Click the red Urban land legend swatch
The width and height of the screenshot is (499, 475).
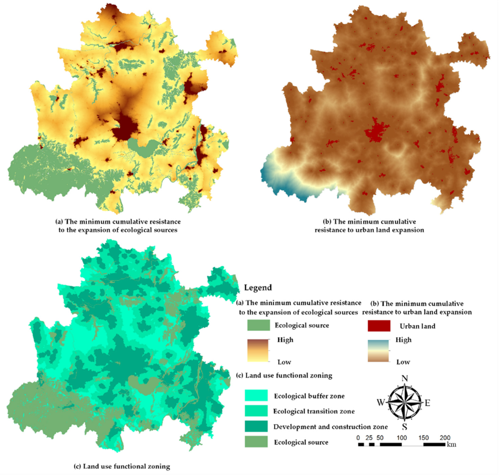coord(379,326)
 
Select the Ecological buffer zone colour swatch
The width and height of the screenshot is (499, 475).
coord(256,395)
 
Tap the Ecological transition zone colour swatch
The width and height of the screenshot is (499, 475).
coord(256,411)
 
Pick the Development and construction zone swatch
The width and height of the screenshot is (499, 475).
coord(256,426)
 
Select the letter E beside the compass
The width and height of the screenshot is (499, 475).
coord(427,403)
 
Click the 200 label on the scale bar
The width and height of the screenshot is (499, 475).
coord(445,438)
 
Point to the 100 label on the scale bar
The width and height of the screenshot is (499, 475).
coord(402,438)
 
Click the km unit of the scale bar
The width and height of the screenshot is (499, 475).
coord(452,444)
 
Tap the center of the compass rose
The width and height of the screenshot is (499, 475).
coord(405,402)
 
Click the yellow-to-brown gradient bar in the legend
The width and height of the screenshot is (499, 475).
coord(258,350)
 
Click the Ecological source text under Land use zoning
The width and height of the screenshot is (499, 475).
coord(301,442)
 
